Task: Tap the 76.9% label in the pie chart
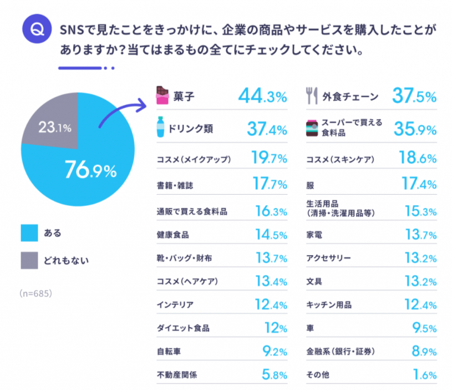90,170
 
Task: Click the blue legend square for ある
29,234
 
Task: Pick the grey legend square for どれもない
29,260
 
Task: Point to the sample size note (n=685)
36,292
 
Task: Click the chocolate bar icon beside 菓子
162,97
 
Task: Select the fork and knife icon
311,97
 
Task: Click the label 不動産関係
177,375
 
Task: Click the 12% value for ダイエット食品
275,328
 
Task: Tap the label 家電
314,235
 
